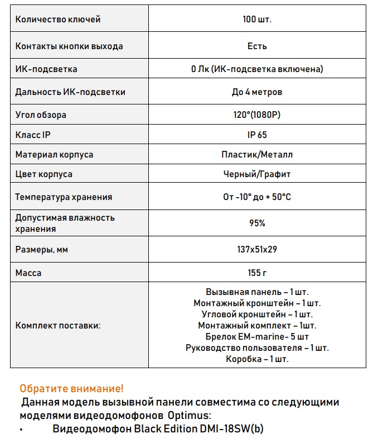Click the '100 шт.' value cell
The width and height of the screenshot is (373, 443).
click(x=257, y=20)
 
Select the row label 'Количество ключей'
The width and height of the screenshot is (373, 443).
click(x=58, y=20)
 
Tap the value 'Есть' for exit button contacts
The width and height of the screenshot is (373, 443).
click(x=257, y=46)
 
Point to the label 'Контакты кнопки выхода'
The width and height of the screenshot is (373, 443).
click(x=69, y=46)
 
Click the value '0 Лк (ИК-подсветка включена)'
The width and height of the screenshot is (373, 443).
click(x=257, y=69)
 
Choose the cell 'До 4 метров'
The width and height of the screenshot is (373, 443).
click(x=257, y=92)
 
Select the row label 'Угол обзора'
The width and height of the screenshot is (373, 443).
click(x=41, y=115)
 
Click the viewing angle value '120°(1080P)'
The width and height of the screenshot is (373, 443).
click(x=257, y=115)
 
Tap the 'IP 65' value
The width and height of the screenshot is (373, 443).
click(x=257, y=135)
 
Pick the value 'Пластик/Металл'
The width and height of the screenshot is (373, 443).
click(x=257, y=154)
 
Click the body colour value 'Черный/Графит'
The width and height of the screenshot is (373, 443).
click(x=257, y=174)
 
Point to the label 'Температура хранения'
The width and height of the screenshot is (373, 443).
click(x=64, y=197)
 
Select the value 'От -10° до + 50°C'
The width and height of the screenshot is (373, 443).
click(x=257, y=197)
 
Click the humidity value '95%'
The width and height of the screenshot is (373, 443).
click(x=257, y=223)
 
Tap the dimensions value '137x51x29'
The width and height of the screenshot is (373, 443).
click(x=257, y=249)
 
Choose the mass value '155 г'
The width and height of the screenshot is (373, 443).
click(x=257, y=273)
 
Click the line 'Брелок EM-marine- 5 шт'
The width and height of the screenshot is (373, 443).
click(x=257, y=336)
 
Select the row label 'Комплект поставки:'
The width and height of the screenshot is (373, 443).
click(x=58, y=325)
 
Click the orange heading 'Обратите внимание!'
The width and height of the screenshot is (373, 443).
click(x=71, y=388)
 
